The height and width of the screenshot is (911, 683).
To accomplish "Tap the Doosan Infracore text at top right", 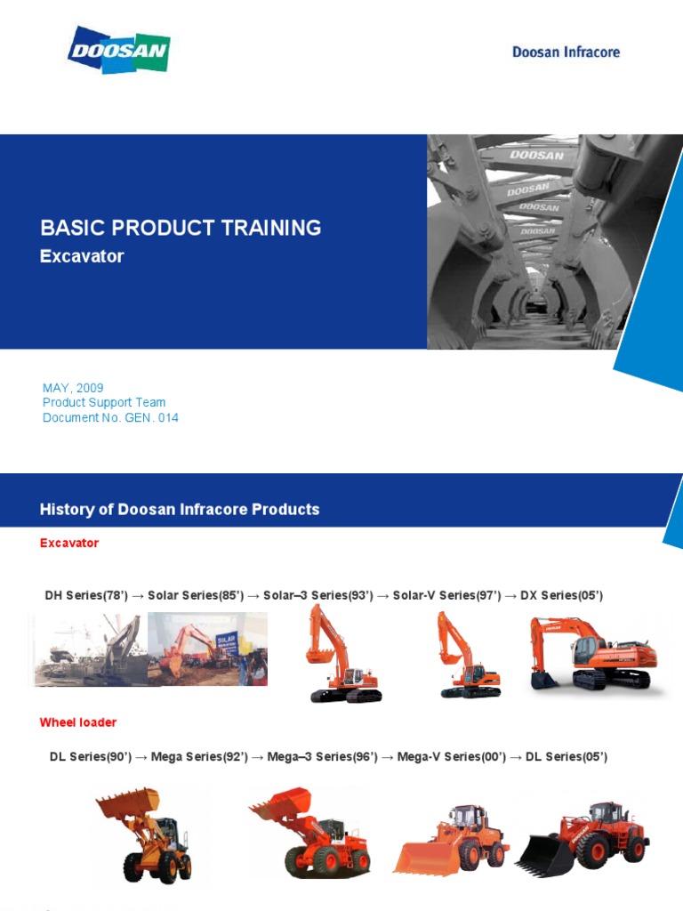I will pyautogui.click(x=566, y=52).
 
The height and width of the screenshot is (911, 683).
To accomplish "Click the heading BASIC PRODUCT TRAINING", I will pyautogui.click(x=181, y=228).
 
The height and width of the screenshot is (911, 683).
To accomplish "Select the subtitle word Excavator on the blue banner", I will pyautogui.click(x=82, y=256).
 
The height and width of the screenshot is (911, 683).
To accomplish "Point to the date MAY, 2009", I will pyautogui.click(x=73, y=388).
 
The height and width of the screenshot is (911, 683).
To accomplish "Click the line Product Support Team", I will pyautogui.click(x=104, y=402).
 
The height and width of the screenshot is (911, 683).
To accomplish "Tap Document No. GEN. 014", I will pyautogui.click(x=110, y=417).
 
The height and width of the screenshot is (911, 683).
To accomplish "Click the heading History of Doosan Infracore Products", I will pyautogui.click(x=180, y=510).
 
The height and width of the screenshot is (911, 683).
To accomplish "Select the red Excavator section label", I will pyautogui.click(x=69, y=543).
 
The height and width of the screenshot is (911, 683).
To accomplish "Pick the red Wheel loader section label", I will pyautogui.click(x=78, y=722).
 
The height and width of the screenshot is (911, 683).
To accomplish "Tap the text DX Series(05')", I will pyautogui.click(x=562, y=595).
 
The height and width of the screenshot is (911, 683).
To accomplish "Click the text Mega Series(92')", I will pyautogui.click(x=199, y=757).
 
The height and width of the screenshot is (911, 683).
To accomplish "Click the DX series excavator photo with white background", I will pyautogui.click(x=592, y=654).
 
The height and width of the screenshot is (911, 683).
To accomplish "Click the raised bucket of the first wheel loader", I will pyautogui.click(x=128, y=802).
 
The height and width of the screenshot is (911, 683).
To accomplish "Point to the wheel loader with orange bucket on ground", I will pyautogui.click(x=452, y=842).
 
